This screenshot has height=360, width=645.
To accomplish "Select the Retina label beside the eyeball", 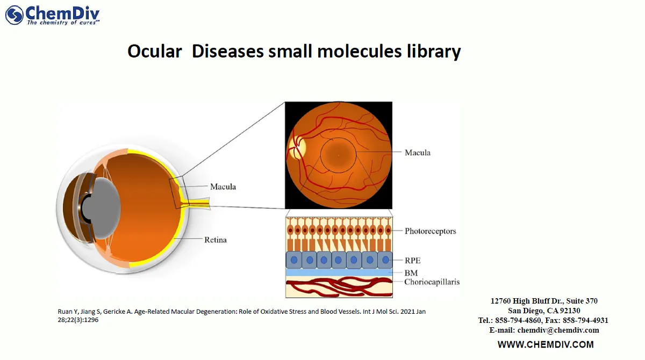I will click(215, 240).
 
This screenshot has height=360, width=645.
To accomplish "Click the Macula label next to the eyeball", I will click(223, 187).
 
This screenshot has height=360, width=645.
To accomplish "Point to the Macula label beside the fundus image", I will click(417, 153).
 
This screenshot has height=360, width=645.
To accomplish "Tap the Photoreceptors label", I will click(430, 231).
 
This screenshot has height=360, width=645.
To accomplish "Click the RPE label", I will click(412, 261).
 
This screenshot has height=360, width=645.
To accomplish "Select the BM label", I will click(411, 273).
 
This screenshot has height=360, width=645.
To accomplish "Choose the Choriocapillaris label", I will click(432, 282).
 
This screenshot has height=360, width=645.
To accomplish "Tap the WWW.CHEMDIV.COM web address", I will click(545, 344).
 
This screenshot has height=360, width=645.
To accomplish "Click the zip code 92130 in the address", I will click(569, 311).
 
